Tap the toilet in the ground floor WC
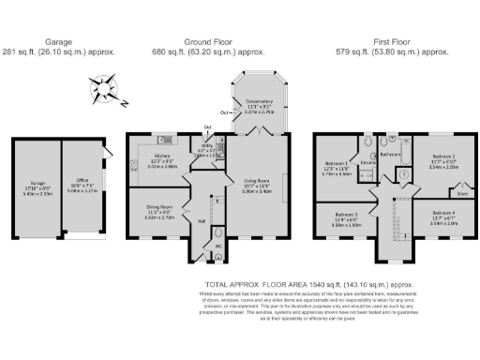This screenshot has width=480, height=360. coord(218,233)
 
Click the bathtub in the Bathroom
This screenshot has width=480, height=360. coord(397,150)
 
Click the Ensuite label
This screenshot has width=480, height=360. coord(369,162)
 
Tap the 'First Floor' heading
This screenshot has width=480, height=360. coord(397,42)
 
